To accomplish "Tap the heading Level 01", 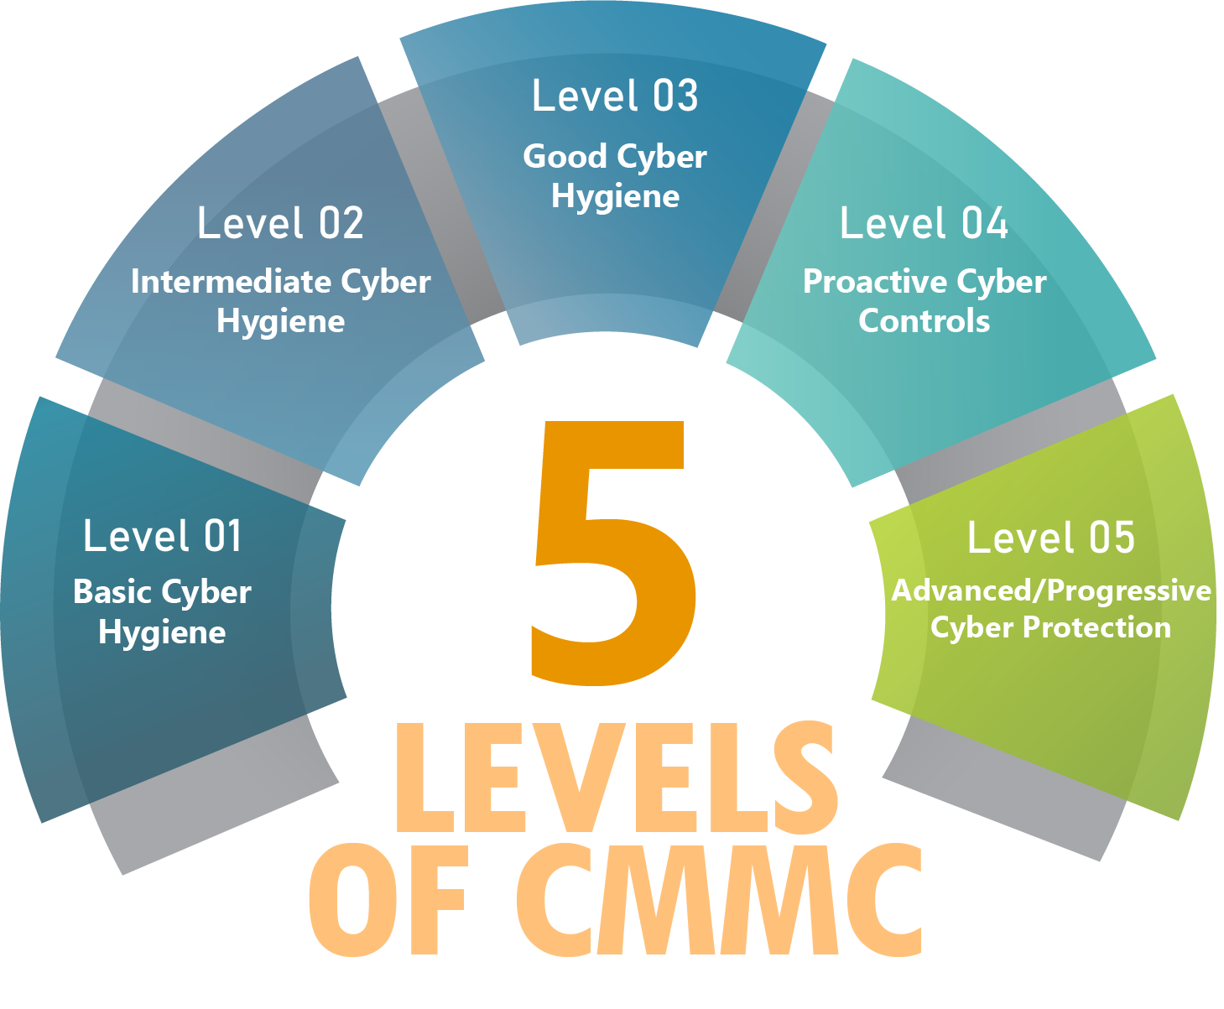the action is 163,536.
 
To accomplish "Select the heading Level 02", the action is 281,223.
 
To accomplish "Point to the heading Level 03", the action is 616,95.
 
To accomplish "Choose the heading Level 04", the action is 925,223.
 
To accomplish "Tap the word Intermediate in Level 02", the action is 232,282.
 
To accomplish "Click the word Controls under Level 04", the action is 925,321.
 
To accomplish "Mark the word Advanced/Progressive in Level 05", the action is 1051,591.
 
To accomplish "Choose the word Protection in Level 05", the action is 1097,627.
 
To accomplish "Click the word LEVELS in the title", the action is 617,777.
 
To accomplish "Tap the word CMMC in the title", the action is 719,900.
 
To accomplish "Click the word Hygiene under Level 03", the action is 616,197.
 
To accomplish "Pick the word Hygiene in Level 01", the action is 163,632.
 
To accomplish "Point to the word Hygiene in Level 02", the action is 281,322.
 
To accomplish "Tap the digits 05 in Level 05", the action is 1112,537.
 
